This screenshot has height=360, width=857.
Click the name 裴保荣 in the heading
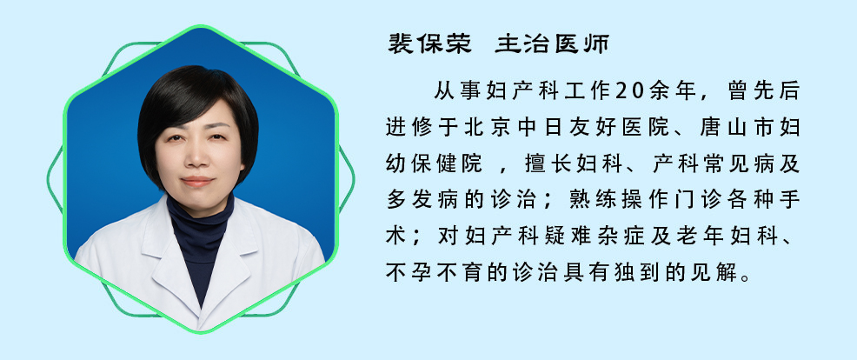429,43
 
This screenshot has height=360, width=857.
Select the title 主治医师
552,43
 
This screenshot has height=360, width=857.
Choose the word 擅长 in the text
538,163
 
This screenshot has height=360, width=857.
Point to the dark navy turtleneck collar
200,219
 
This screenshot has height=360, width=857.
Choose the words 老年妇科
721,236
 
